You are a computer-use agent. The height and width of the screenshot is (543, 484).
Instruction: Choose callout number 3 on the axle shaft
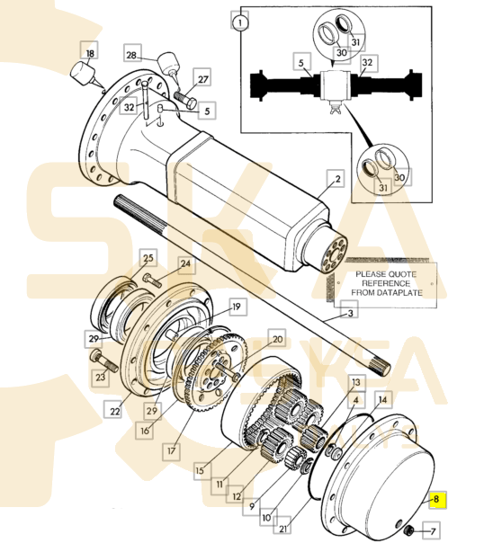click(351, 313)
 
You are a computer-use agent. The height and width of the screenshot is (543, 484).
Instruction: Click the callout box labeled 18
click(89, 54)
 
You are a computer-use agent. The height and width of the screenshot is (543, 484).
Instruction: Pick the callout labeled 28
click(131, 56)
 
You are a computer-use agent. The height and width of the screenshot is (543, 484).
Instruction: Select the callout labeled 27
click(203, 79)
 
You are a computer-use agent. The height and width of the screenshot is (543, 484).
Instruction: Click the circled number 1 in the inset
click(238, 19)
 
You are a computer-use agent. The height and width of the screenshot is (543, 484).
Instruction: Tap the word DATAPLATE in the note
click(394, 292)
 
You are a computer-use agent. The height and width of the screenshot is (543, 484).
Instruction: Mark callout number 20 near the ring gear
click(276, 340)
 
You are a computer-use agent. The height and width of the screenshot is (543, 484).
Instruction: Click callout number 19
click(237, 307)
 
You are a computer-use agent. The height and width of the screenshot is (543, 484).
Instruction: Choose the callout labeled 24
click(184, 264)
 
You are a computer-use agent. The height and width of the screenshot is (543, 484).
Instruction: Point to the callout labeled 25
click(148, 258)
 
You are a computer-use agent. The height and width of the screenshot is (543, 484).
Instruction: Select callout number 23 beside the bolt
click(100, 378)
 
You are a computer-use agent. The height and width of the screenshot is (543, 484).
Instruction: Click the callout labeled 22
click(114, 412)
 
